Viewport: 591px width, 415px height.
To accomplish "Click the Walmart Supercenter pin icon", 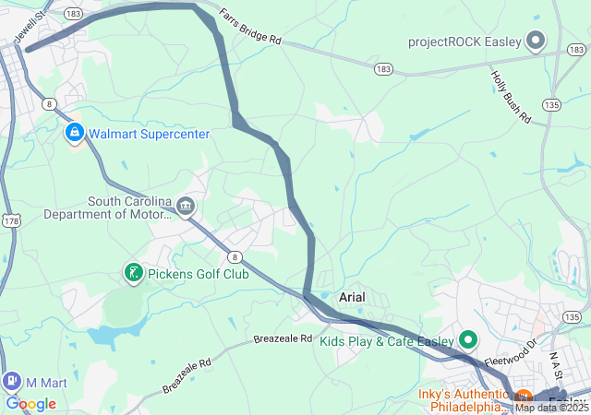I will click(74, 134).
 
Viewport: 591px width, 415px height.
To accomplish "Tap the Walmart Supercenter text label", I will click(150, 134).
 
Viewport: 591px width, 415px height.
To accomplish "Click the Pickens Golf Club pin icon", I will click(134, 272).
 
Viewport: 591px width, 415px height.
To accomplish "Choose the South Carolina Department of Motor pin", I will click(187, 206).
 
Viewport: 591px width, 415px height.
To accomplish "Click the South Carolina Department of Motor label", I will click(108, 208).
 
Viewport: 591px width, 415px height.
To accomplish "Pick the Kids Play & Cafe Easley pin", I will click(467, 340).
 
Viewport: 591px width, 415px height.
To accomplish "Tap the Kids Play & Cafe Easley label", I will click(388, 341).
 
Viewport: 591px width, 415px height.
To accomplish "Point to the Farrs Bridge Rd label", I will click(250, 28).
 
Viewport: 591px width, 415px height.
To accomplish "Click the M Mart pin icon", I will click(12, 380).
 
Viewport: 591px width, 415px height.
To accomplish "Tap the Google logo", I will click(30, 404).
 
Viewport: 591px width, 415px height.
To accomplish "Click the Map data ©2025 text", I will click(551, 407).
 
